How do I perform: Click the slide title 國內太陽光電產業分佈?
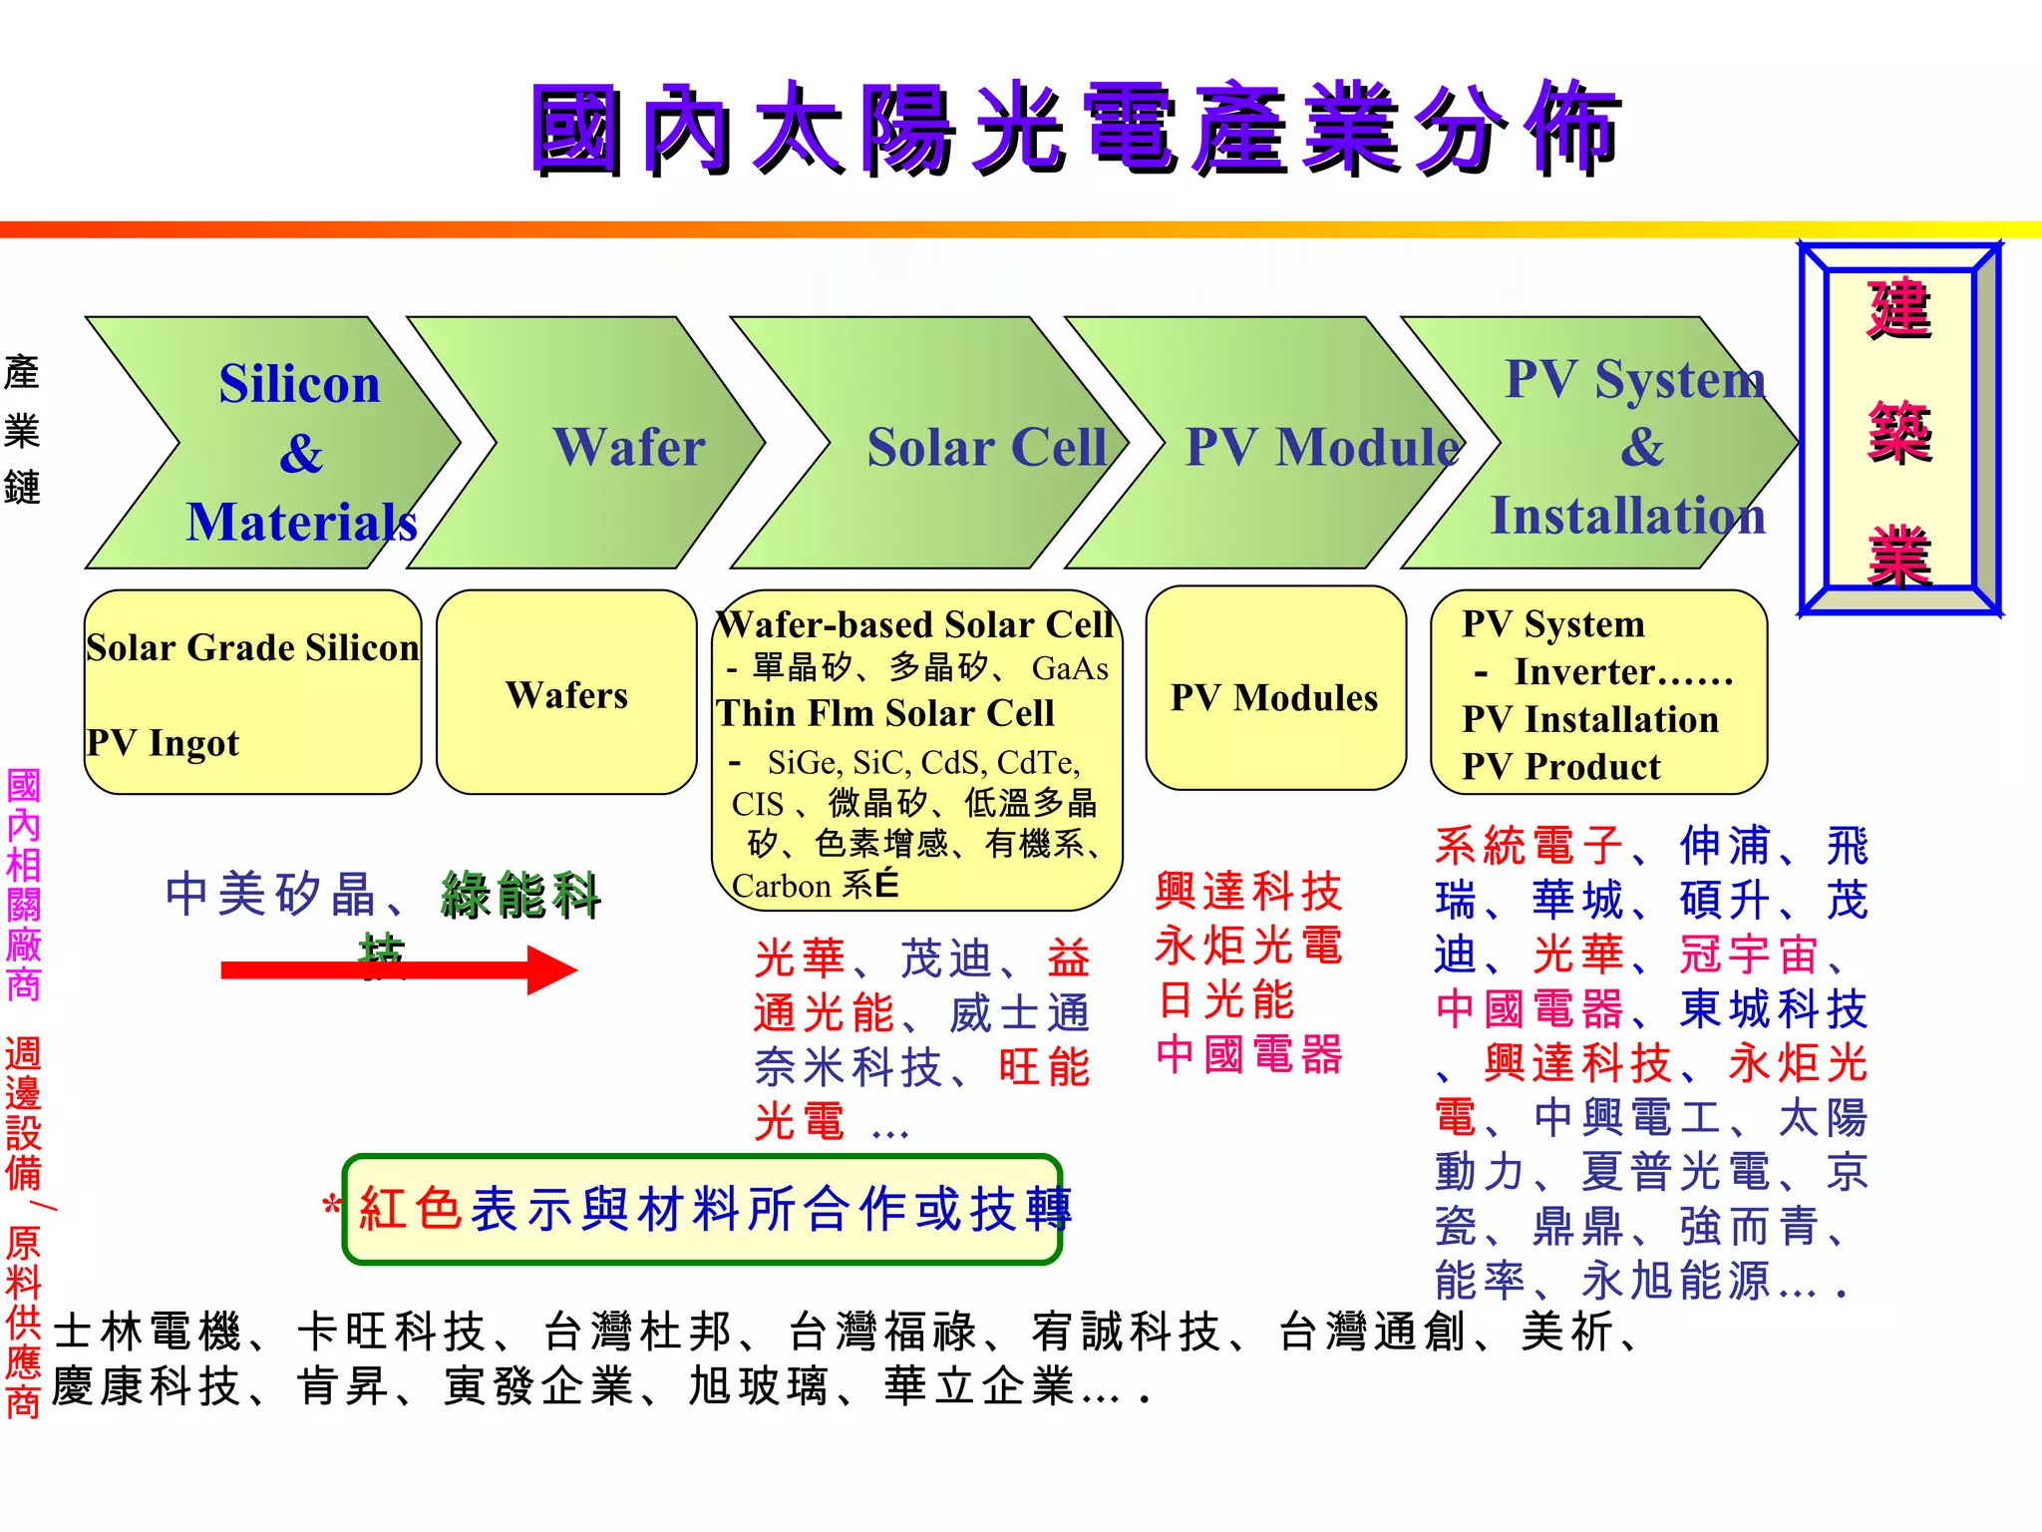1077,130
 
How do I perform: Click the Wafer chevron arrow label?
629,447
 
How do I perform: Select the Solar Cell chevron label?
986,447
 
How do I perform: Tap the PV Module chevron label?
1322,447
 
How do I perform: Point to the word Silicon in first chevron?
299,384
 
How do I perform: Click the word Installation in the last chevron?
1627,517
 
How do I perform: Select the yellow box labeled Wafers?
566,694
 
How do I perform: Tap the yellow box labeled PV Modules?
1274,697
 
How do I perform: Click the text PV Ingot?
163,743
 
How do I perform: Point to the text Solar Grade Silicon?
252,647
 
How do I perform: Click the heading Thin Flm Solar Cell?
884,713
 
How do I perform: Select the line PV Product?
1560,767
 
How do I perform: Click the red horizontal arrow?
399,969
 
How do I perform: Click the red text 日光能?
1225,1000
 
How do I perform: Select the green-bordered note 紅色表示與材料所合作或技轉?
702,1209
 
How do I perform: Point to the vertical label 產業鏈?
22,431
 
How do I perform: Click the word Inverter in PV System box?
1576,672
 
